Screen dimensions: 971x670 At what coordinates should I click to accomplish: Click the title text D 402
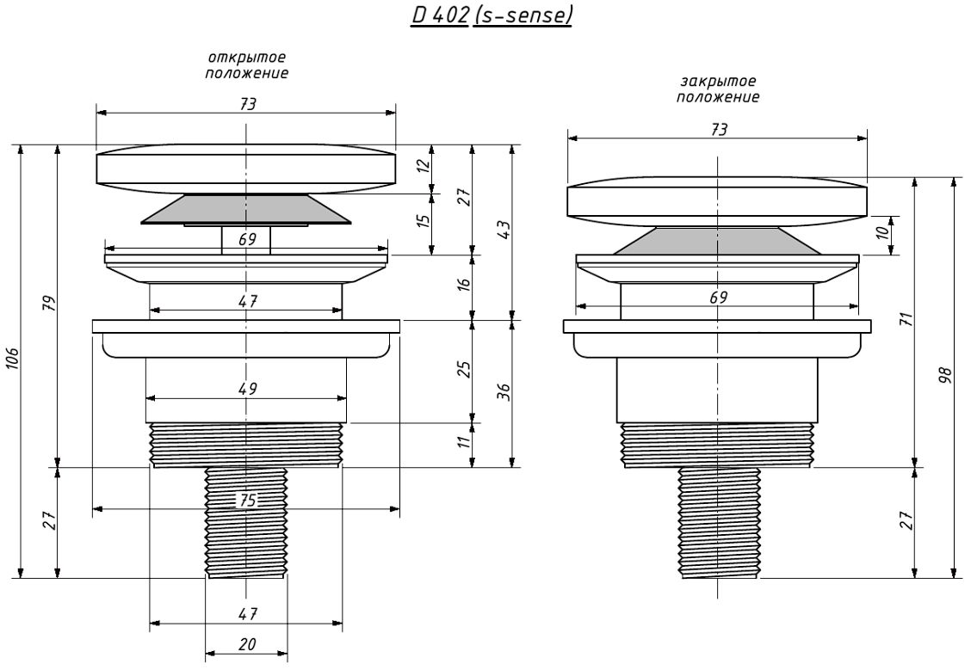pyautogui.click(x=440, y=15)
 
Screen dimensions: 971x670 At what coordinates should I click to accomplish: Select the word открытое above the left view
pyautogui.click(x=247, y=58)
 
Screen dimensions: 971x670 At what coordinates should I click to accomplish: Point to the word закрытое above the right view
pyautogui.click(x=718, y=82)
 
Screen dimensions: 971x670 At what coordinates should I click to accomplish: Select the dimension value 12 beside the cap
pyautogui.click(x=423, y=166)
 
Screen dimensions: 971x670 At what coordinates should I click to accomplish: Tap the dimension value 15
pyautogui.click(x=423, y=221)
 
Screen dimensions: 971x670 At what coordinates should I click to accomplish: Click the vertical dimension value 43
pyautogui.click(x=504, y=231)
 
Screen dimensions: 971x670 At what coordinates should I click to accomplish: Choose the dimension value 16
pyautogui.click(x=464, y=283)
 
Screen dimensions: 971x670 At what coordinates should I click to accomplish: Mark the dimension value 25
pyautogui.click(x=464, y=369)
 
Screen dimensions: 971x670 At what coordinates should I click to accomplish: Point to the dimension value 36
pyautogui.click(x=504, y=391)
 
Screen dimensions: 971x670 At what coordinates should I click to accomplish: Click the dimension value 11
pyautogui.click(x=464, y=443)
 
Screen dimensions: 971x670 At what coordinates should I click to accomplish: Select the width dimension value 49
pyautogui.click(x=247, y=389)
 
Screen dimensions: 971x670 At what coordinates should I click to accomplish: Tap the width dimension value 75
pyautogui.click(x=247, y=501)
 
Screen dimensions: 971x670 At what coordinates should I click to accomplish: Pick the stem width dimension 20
pyautogui.click(x=247, y=645)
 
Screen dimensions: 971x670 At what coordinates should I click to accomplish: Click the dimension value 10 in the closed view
pyautogui.click(x=883, y=232)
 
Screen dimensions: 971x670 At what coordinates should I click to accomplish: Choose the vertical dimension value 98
pyautogui.click(x=945, y=376)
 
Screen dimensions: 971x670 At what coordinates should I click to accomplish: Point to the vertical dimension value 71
pyautogui.click(x=908, y=320)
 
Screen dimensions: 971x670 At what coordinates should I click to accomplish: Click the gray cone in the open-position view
pyautogui.click(x=246, y=209)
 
